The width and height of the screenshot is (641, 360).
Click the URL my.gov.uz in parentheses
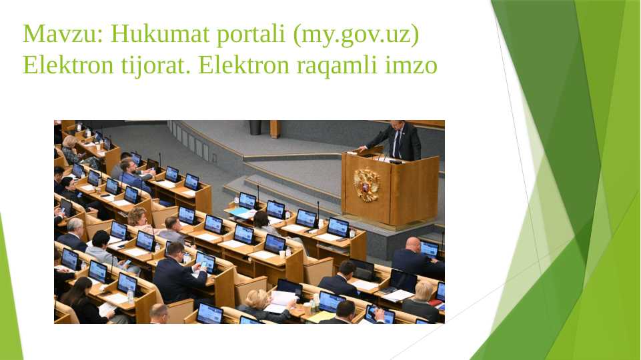point(356,34)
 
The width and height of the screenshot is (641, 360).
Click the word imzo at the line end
point(413,65)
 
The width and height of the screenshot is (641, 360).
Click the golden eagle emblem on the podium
point(366,184)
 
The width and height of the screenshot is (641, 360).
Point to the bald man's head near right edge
point(414,244)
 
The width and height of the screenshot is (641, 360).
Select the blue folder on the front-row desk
point(238,212)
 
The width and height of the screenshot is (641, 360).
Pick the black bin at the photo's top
point(255,127)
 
